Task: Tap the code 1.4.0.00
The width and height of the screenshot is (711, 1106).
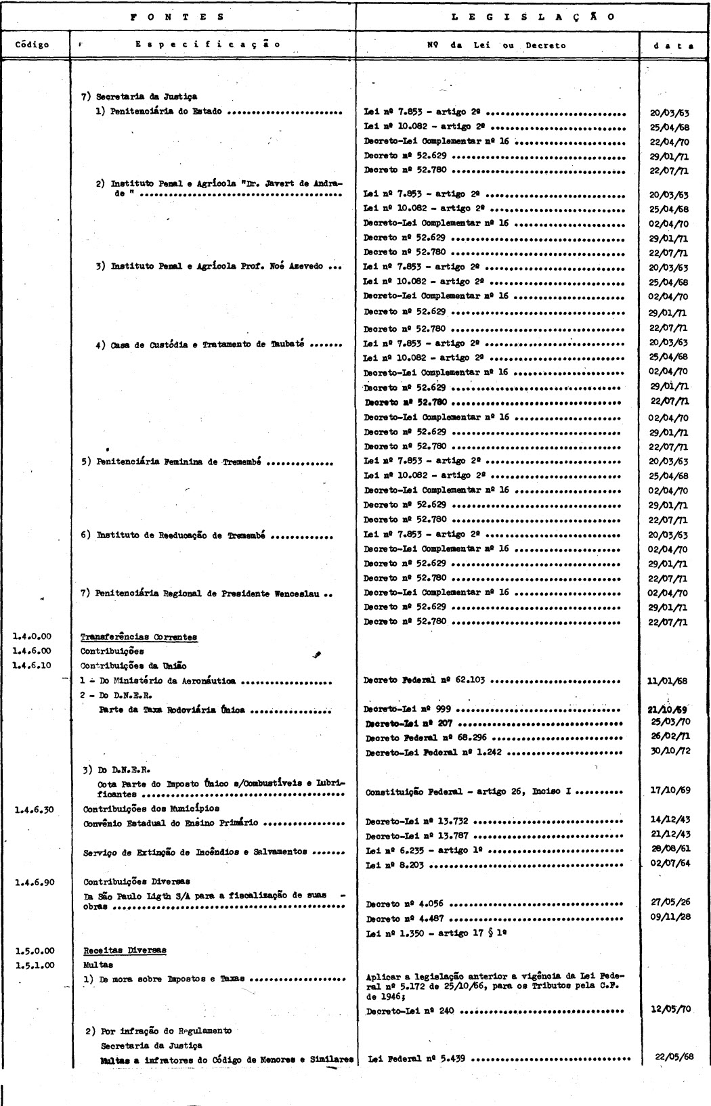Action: pyautogui.click(x=33, y=636)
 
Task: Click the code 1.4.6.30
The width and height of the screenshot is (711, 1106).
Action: pyautogui.click(x=33, y=808)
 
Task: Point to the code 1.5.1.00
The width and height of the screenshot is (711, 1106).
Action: pyautogui.click(x=33, y=965)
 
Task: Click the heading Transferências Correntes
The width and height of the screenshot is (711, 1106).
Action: pyautogui.click(x=139, y=637)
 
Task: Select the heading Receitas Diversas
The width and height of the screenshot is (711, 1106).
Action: pyautogui.click(x=125, y=950)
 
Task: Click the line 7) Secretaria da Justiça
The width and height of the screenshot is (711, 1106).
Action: pyautogui.click(x=139, y=97)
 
